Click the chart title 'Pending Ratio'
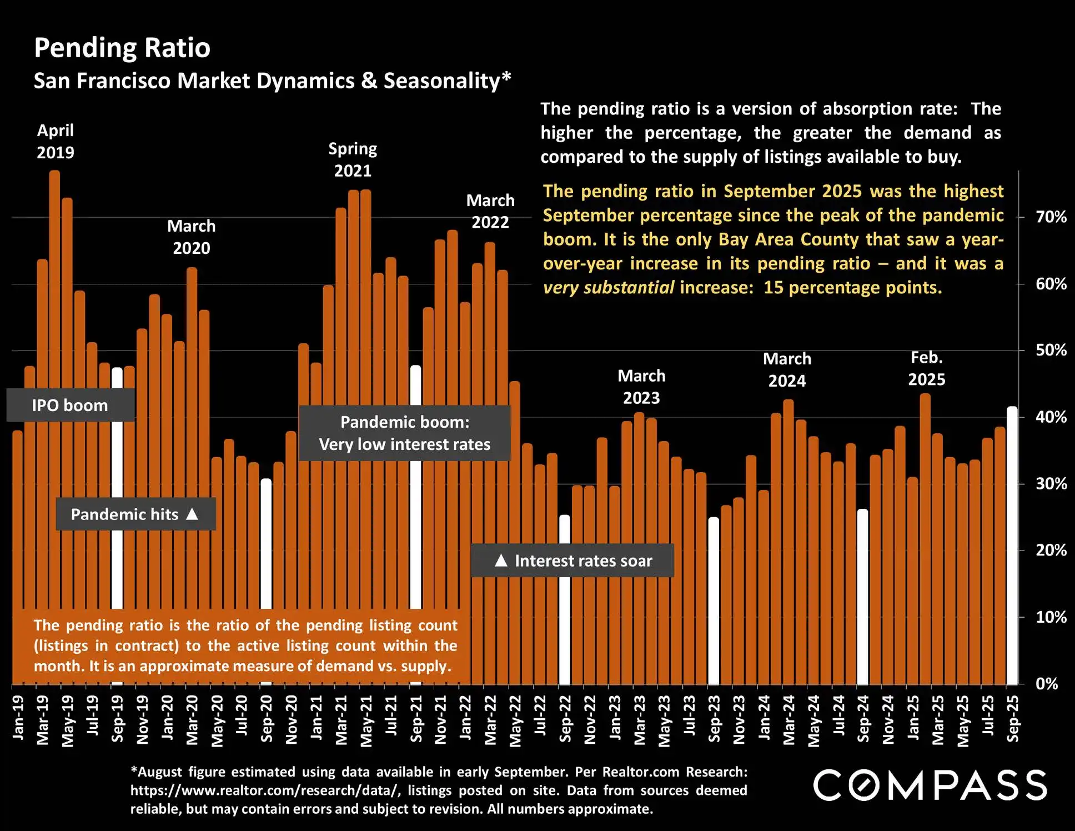(122, 48)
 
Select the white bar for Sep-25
(1012, 544)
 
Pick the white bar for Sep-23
(714, 600)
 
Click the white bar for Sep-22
(565, 628)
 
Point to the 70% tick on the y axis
(1051, 217)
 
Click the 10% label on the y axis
(1051, 617)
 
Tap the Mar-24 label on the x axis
(788, 720)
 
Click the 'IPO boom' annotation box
(70, 405)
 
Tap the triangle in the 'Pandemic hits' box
(192, 514)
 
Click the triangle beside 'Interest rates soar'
(501, 560)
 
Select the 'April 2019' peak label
(55, 141)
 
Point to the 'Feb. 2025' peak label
(927, 368)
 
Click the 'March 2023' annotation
(641, 387)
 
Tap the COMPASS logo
(930, 785)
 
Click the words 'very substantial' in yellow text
(609, 288)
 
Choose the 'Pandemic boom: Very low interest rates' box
(404, 433)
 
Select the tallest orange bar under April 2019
(55, 389)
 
